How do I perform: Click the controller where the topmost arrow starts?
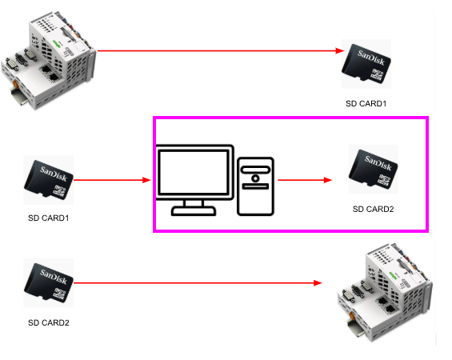pyautogui.click(x=49, y=61)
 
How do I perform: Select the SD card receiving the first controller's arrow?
pyautogui.click(x=366, y=64)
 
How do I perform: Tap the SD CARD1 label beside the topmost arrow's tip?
pyautogui.click(x=366, y=103)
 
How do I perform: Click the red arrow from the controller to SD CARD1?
pyautogui.click(x=221, y=50)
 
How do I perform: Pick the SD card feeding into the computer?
pyautogui.click(x=49, y=180)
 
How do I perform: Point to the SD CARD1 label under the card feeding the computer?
pyautogui.click(x=49, y=218)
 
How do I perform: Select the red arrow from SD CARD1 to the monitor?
pyautogui.click(x=113, y=180)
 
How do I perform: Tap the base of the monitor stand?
pyautogui.click(x=194, y=211)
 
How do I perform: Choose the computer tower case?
pyautogui.click(x=255, y=186)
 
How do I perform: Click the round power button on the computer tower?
pyautogui.click(x=255, y=178)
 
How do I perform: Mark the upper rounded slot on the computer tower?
pyautogui.click(x=256, y=170)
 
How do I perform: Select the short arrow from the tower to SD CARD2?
pyautogui.click(x=305, y=180)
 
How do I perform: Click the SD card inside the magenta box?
pyautogui.click(x=374, y=169)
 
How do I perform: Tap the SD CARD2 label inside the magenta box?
pyautogui.click(x=374, y=209)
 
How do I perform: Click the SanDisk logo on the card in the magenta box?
pyautogui.click(x=378, y=163)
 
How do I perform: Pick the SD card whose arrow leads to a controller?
pyautogui.click(x=49, y=283)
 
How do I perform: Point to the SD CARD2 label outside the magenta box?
pyautogui.click(x=49, y=322)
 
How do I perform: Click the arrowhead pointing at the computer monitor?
pyautogui.click(x=146, y=180)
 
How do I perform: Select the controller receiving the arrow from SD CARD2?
pyautogui.click(x=385, y=293)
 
